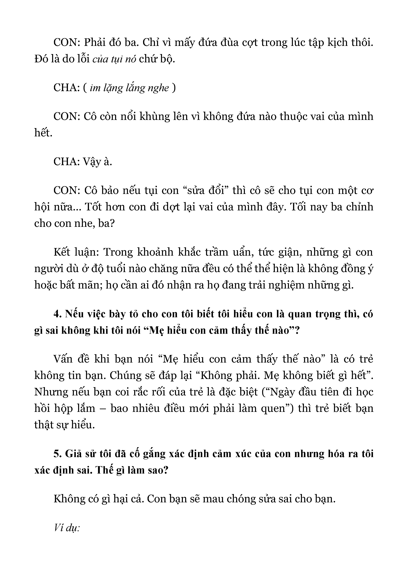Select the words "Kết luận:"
tap(75, 252)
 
